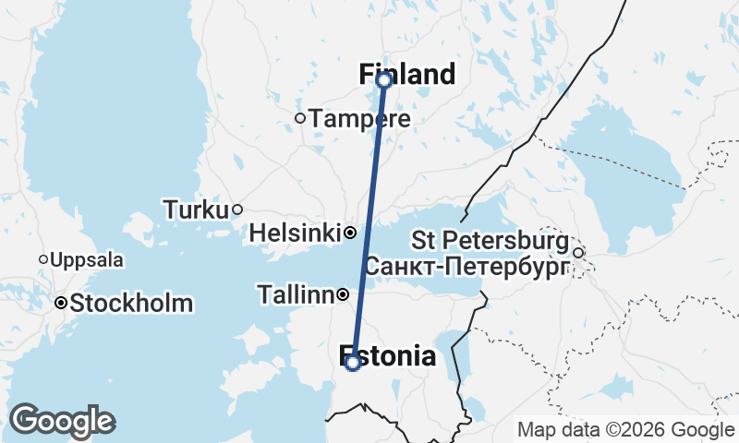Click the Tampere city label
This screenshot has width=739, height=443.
point(359,119)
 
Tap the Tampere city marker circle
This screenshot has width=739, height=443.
point(300,118)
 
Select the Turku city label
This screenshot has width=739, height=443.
point(195,210)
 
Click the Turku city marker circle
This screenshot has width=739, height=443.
point(237,210)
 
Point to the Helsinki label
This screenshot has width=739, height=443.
point(296,233)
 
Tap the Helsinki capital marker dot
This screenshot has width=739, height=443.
point(350,233)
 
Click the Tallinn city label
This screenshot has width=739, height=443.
point(295,295)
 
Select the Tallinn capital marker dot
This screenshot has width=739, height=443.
point(343,295)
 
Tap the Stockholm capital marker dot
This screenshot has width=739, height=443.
point(61,303)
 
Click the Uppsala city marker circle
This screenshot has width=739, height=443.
point(43,259)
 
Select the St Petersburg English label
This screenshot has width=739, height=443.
point(490,242)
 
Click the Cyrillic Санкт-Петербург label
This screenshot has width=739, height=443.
point(467,268)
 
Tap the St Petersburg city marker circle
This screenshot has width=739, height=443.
point(578,253)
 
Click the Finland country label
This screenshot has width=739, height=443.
point(407,74)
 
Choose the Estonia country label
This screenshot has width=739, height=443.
point(389,356)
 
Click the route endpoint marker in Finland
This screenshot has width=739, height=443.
point(383,80)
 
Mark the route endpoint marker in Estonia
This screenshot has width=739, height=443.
point(353,363)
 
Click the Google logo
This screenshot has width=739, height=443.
point(61,421)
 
